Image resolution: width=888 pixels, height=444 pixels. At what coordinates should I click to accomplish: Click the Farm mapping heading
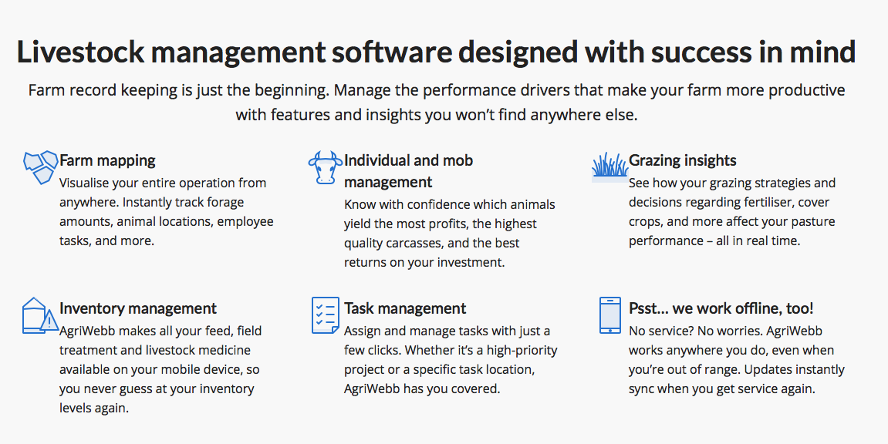coord(107,160)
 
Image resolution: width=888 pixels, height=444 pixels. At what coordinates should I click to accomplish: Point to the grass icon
coord(609,166)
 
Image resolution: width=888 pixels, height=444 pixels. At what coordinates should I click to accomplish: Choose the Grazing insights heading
coord(682,160)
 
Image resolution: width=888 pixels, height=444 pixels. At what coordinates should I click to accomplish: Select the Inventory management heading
coord(138,308)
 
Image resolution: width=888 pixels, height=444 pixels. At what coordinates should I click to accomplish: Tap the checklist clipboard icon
coord(325,314)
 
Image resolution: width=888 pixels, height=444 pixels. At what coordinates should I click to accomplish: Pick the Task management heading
coord(405,308)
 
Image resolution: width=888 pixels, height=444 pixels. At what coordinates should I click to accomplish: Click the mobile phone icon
coord(609,314)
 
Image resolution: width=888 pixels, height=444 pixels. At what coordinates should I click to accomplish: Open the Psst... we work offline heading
coord(721,308)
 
